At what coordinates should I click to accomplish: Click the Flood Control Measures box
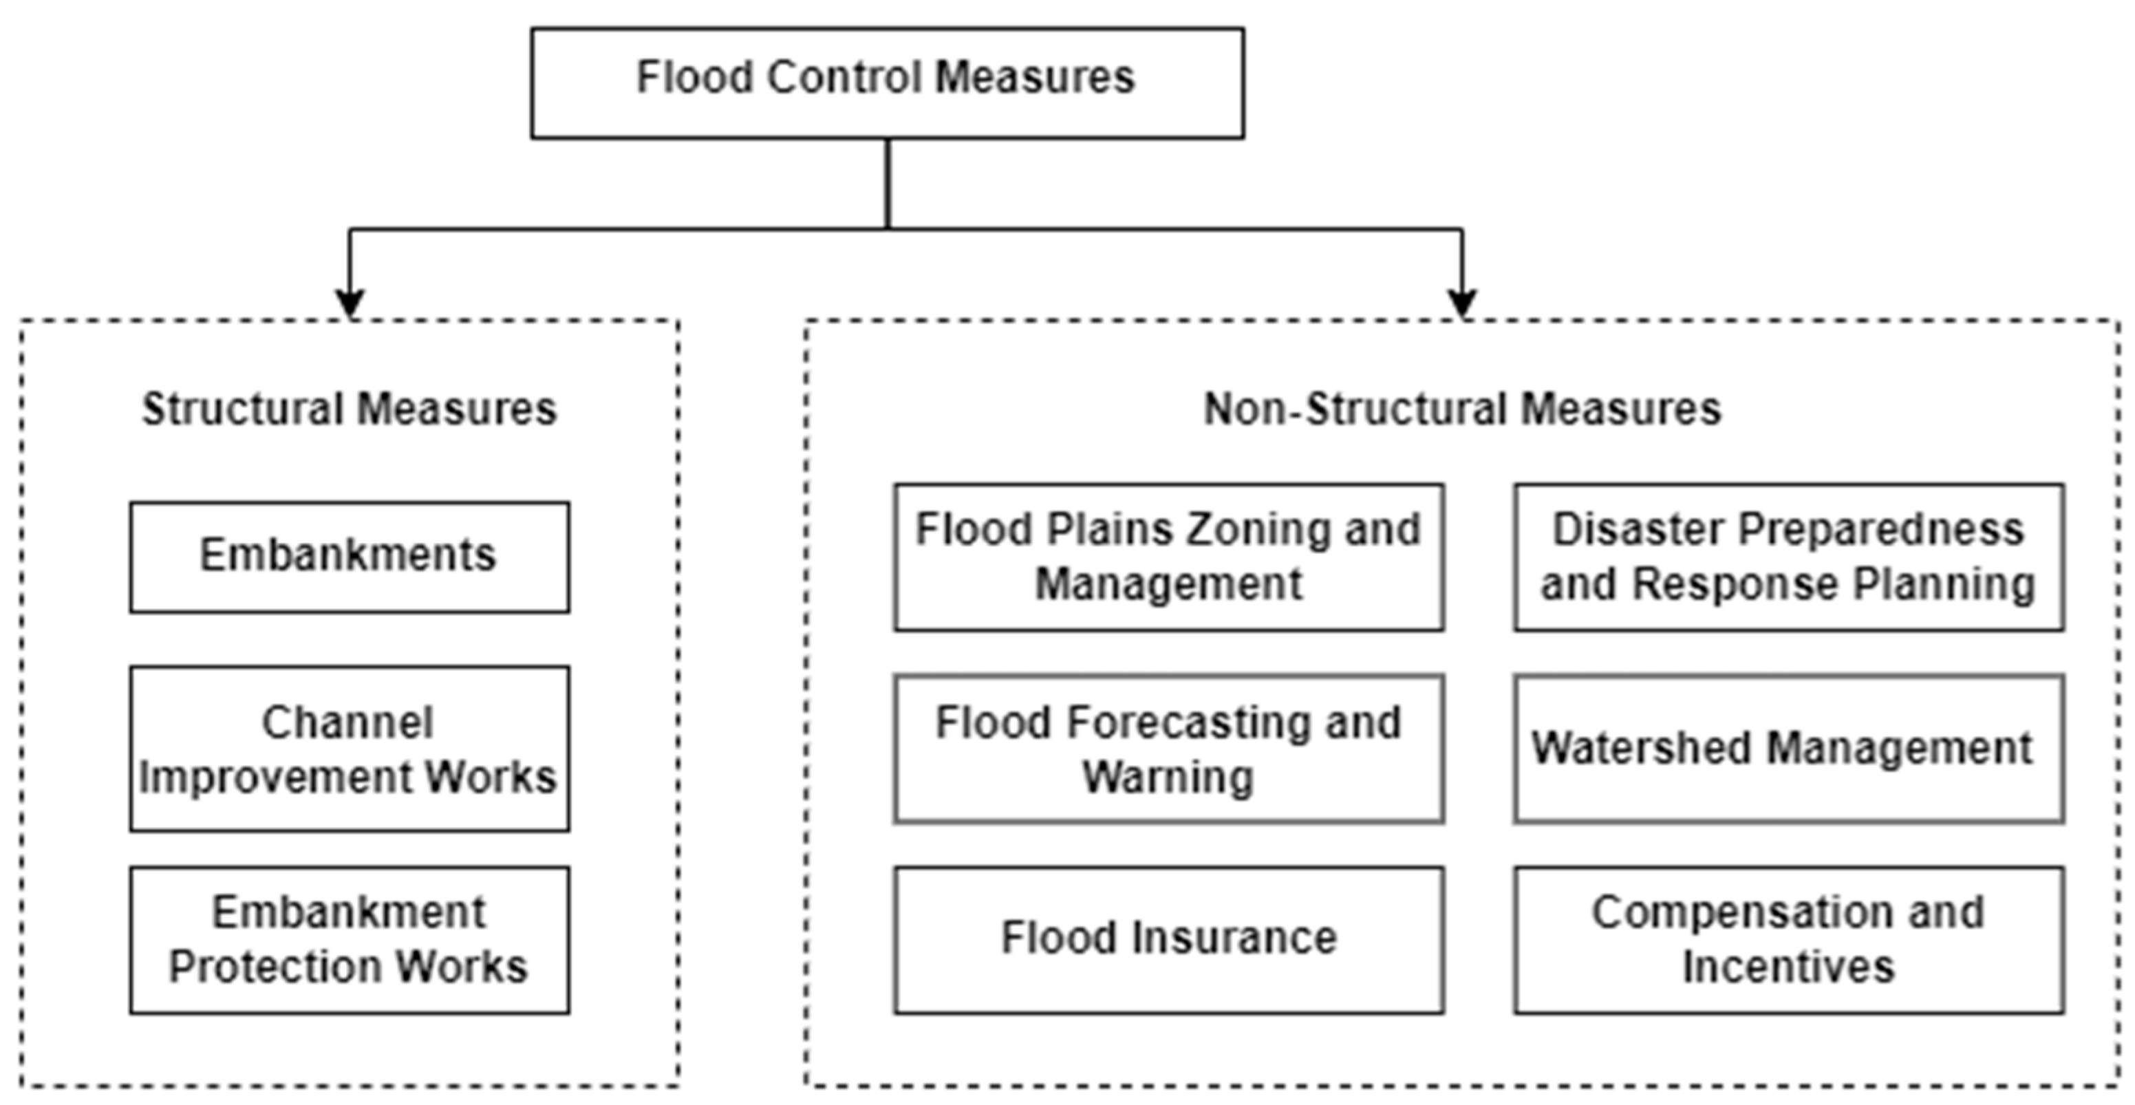(887, 83)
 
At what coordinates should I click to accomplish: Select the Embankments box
(349, 557)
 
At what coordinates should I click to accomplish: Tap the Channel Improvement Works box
(349, 749)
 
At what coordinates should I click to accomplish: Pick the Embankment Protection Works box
(349, 940)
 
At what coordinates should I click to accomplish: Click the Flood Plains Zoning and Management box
(1168, 557)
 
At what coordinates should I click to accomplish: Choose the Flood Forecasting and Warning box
(1168, 749)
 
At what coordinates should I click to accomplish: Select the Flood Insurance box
(1168, 940)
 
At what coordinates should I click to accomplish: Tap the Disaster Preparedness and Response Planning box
(1788, 557)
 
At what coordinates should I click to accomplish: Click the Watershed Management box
(1788, 749)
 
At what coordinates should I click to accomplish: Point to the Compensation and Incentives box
(1788, 940)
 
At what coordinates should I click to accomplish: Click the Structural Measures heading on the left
(349, 409)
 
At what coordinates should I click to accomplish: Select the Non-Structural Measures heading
(1462, 409)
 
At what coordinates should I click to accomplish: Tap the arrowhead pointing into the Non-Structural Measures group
(1462, 303)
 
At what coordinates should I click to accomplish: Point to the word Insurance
(1235, 938)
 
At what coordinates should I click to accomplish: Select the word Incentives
(1788, 967)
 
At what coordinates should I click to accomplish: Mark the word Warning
(1168, 777)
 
